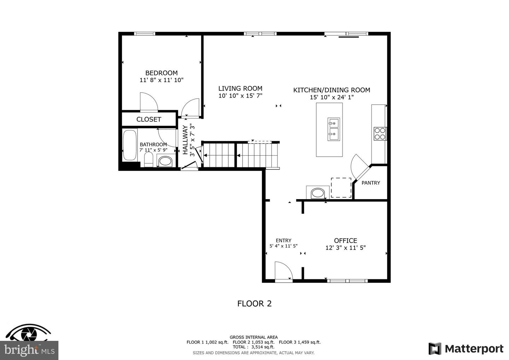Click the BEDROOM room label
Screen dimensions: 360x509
[x=161, y=73]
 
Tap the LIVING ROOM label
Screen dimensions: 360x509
[x=240, y=89]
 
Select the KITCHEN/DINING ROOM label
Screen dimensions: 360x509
[x=332, y=90]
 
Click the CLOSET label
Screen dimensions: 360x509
[x=149, y=120]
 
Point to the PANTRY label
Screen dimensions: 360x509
[x=371, y=183]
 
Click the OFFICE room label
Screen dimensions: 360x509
[x=345, y=240]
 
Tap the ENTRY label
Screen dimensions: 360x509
[x=283, y=240]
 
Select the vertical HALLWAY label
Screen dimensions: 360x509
[x=185, y=140]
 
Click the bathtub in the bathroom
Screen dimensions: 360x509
[x=129, y=145]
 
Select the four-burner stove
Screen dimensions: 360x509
[x=380, y=134]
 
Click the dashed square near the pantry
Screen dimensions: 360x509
[x=341, y=188]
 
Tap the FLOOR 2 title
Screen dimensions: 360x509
[x=254, y=303]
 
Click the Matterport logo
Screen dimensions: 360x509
[x=466, y=349]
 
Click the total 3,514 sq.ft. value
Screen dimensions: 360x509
[x=262, y=347]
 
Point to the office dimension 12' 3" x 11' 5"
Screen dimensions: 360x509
[x=345, y=248]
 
